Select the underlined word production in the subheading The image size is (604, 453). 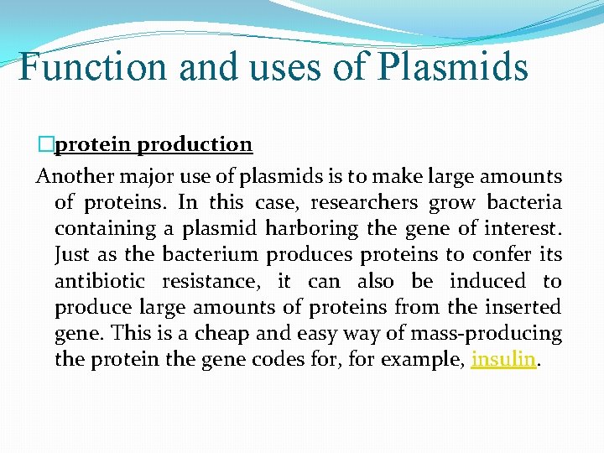pos(194,145)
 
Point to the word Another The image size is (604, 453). pos(73,176)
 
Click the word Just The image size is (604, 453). pos(71,254)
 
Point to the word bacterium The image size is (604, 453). pos(208,254)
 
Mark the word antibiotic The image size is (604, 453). pos(101,281)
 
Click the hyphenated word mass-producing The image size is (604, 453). pos(487,333)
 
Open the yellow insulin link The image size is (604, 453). pos(503,359)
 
